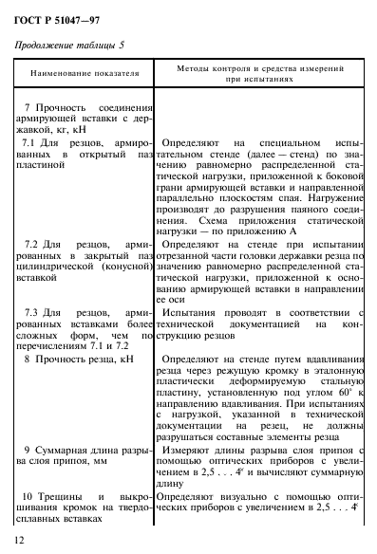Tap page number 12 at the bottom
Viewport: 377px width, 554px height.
click(20, 540)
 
